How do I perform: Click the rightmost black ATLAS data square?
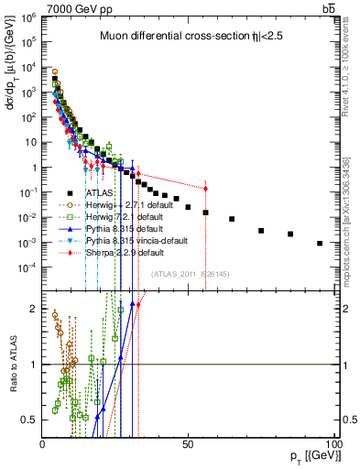[320, 243]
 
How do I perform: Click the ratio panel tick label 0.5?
[30, 420]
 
